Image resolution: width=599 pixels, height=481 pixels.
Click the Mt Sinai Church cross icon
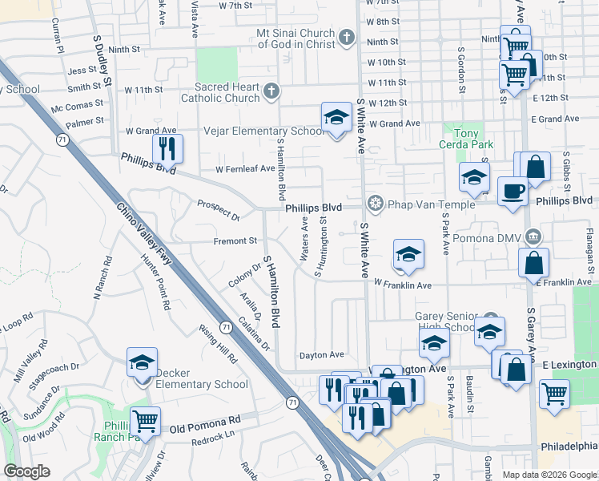[x=347, y=38]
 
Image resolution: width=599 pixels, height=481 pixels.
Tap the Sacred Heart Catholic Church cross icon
[x=271, y=91]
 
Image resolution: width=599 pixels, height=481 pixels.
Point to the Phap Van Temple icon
[x=374, y=204]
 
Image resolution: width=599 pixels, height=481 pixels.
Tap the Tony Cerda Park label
[x=466, y=139]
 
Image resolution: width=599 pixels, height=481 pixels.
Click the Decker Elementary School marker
[x=143, y=362]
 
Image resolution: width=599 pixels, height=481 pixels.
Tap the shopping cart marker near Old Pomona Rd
[x=146, y=420]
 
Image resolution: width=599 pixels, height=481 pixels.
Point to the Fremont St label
[x=235, y=240]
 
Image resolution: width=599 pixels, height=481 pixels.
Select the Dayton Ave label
[x=321, y=354]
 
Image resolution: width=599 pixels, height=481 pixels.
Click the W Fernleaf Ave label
[x=244, y=169]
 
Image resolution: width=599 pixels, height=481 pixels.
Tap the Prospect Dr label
[x=219, y=211]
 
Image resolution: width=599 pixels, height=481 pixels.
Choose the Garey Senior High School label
[x=446, y=321]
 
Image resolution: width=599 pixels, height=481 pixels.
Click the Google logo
[x=27, y=471]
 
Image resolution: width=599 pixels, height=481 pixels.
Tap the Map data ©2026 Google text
[x=549, y=475]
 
